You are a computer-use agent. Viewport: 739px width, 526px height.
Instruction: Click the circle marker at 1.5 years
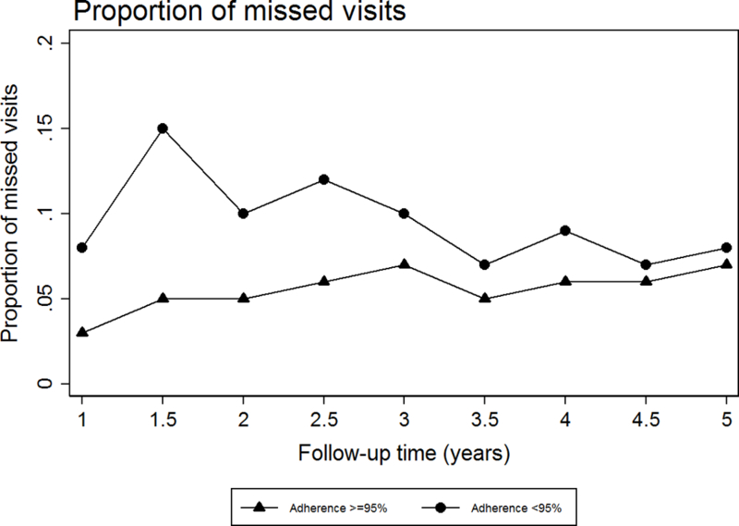(163, 128)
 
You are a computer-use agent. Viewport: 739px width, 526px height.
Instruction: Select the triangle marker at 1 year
(82, 332)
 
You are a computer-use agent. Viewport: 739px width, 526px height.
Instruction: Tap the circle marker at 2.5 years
(323, 179)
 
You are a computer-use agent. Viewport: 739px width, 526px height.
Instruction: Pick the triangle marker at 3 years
(404, 264)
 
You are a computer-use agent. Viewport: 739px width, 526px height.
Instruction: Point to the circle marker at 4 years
(565, 230)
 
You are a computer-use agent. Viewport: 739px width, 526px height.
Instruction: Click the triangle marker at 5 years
(726, 264)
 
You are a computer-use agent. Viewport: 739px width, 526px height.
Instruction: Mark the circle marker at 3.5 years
(485, 264)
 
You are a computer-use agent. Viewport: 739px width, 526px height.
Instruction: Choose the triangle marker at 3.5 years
(485, 299)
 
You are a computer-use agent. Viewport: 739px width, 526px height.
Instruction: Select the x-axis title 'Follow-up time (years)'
(404, 454)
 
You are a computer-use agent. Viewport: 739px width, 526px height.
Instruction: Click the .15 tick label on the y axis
(58, 128)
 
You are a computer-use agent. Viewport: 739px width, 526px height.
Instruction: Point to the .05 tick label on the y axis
(58, 299)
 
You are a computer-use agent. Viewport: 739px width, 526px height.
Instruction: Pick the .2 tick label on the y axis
(58, 43)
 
